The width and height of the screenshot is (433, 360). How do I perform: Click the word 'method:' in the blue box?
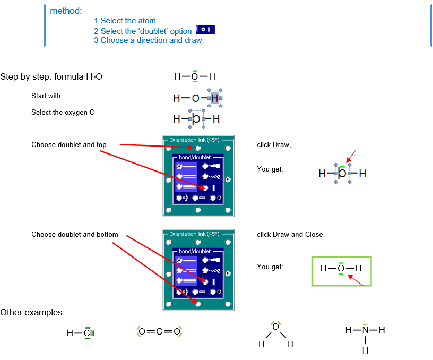tap(66, 11)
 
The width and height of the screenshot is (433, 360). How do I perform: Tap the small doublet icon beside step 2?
tap(205, 30)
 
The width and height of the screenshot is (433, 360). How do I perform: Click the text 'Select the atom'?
tap(128, 21)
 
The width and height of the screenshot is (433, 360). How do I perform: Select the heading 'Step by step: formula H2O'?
tap(51, 76)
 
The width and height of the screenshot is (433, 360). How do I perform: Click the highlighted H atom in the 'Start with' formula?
tap(215, 98)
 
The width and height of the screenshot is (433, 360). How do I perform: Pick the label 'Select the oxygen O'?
tap(63, 113)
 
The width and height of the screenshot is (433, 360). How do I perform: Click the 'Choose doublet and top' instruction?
tap(69, 145)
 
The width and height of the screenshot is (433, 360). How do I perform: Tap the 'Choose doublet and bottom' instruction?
tap(75, 234)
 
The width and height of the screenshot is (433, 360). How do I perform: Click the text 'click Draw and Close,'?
tap(291, 234)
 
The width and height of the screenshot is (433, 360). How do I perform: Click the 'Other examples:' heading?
tap(32, 313)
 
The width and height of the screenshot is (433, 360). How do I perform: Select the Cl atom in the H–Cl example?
tap(88, 333)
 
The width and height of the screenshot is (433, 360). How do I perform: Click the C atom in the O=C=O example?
tap(159, 331)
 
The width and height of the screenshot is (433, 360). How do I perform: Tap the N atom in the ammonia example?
tap(365, 330)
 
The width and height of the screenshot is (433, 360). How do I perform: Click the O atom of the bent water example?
tap(275, 327)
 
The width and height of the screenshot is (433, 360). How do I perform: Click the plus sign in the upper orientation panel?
tap(186, 198)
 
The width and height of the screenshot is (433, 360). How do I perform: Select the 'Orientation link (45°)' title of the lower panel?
tap(194, 234)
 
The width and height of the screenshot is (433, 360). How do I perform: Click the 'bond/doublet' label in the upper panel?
tap(195, 158)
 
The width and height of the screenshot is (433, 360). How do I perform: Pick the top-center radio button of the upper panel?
tap(198, 148)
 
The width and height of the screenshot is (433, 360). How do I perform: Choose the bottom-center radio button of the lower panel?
tap(198, 304)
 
